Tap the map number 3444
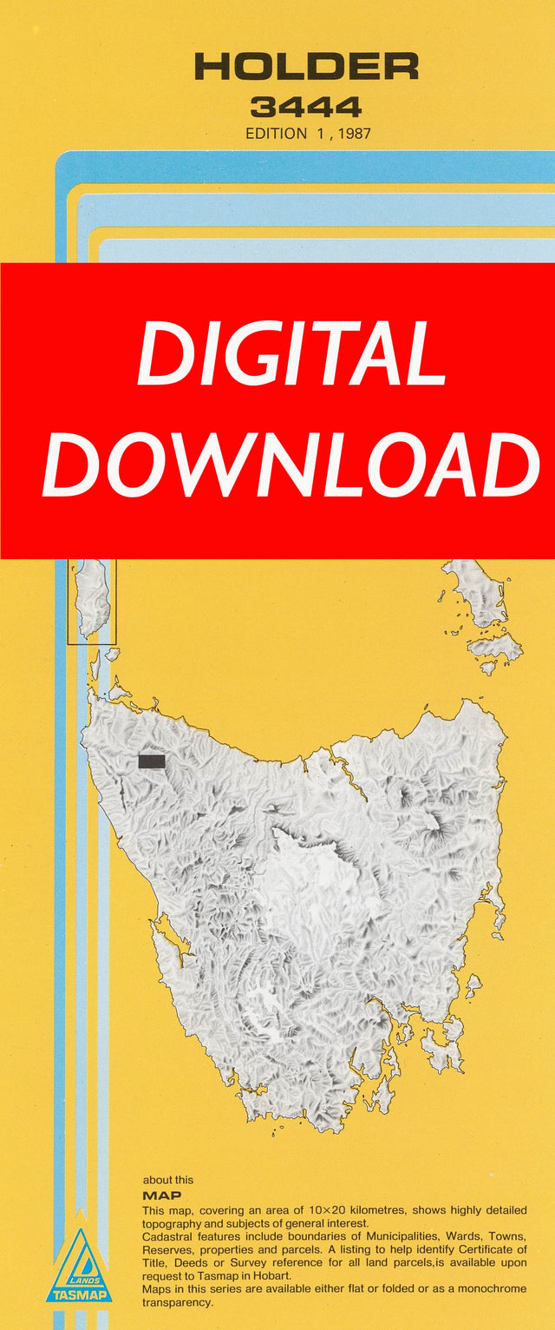coord(306,108)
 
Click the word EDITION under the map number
coord(276,134)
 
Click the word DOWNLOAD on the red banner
coord(291,464)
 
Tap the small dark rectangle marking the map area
coord(152,761)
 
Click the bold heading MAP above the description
coord(162,1195)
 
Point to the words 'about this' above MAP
coord(168,1180)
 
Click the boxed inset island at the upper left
coord(92,600)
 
